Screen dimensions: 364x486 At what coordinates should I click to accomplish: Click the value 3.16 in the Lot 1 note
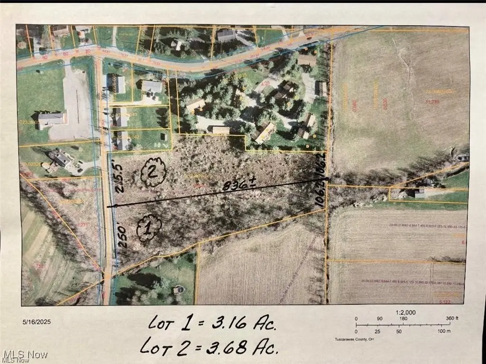(x=222, y=326)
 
